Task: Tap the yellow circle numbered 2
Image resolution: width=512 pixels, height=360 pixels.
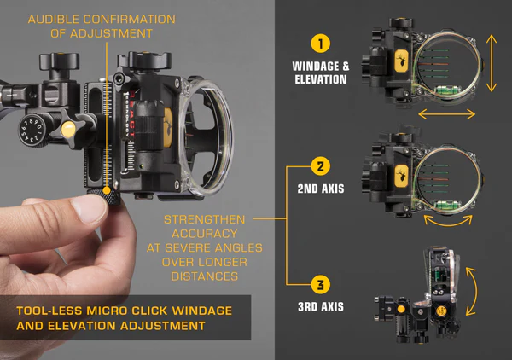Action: pos(319,165)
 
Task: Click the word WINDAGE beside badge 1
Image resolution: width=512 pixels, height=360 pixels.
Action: pos(313,67)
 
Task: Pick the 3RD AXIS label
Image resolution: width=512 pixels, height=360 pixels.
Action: pos(319,304)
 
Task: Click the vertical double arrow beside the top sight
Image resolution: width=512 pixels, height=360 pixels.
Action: pos(492,64)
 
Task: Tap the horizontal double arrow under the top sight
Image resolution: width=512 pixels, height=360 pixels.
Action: pos(446,113)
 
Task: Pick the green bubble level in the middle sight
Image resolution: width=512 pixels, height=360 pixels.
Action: pos(444,194)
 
